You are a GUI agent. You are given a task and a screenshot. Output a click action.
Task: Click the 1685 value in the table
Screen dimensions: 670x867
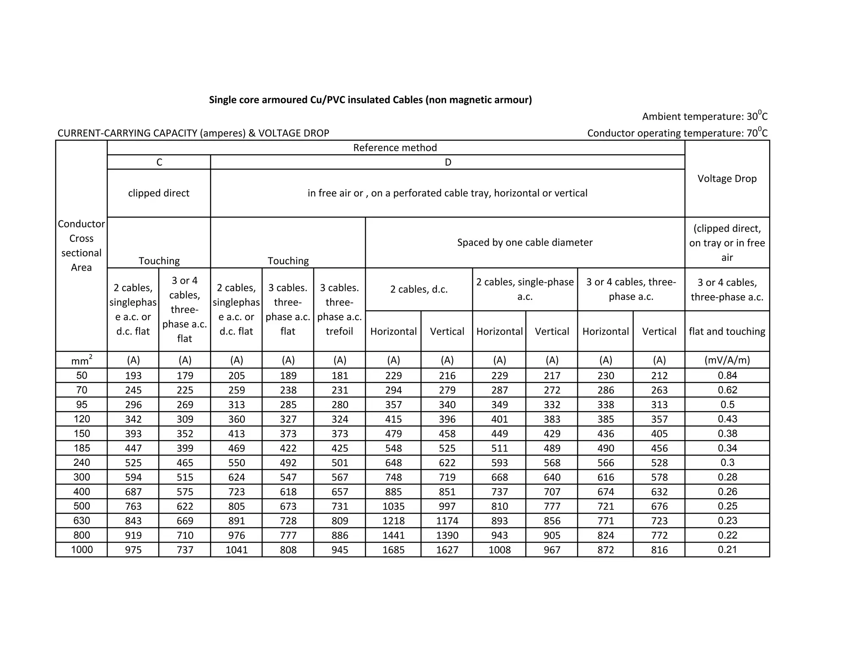point(393,550)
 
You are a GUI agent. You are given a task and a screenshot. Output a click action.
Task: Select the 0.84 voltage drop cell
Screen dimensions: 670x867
point(727,376)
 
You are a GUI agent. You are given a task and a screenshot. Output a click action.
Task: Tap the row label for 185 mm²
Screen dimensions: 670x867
point(82,448)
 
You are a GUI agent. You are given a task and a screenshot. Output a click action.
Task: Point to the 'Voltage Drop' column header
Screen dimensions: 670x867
point(727,179)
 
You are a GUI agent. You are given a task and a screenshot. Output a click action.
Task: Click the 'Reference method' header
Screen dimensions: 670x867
point(395,148)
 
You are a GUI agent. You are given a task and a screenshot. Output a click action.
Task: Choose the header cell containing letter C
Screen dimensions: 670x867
point(159,162)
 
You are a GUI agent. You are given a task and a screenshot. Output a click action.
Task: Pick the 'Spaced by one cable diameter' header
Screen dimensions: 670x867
point(525,243)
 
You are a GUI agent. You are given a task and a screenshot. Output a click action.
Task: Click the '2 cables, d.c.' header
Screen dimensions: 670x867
point(419,289)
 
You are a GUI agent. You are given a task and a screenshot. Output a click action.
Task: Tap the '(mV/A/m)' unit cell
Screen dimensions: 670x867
point(727,360)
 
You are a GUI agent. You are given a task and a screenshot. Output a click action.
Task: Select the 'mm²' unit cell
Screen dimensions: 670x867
point(82,360)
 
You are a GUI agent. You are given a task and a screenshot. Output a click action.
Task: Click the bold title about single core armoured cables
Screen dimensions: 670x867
point(370,100)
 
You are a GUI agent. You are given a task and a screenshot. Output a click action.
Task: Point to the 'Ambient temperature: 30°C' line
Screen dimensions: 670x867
point(704,116)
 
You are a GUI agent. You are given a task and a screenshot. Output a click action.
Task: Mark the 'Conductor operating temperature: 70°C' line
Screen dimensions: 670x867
point(677,133)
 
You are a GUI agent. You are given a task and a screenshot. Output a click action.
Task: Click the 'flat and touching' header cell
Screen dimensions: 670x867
point(727,331)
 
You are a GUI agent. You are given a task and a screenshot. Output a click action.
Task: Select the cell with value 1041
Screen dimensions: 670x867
point(236,550)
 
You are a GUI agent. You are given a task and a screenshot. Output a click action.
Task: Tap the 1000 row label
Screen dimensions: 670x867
point(82,550)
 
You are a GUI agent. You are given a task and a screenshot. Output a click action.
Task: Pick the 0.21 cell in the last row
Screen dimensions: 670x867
point(727,550)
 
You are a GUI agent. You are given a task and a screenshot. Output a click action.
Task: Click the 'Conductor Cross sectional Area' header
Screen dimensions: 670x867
point(81,246)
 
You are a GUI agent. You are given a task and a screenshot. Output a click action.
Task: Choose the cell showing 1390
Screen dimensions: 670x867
point(447,535)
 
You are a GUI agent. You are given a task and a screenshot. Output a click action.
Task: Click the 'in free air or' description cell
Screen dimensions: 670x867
point(447,193)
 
